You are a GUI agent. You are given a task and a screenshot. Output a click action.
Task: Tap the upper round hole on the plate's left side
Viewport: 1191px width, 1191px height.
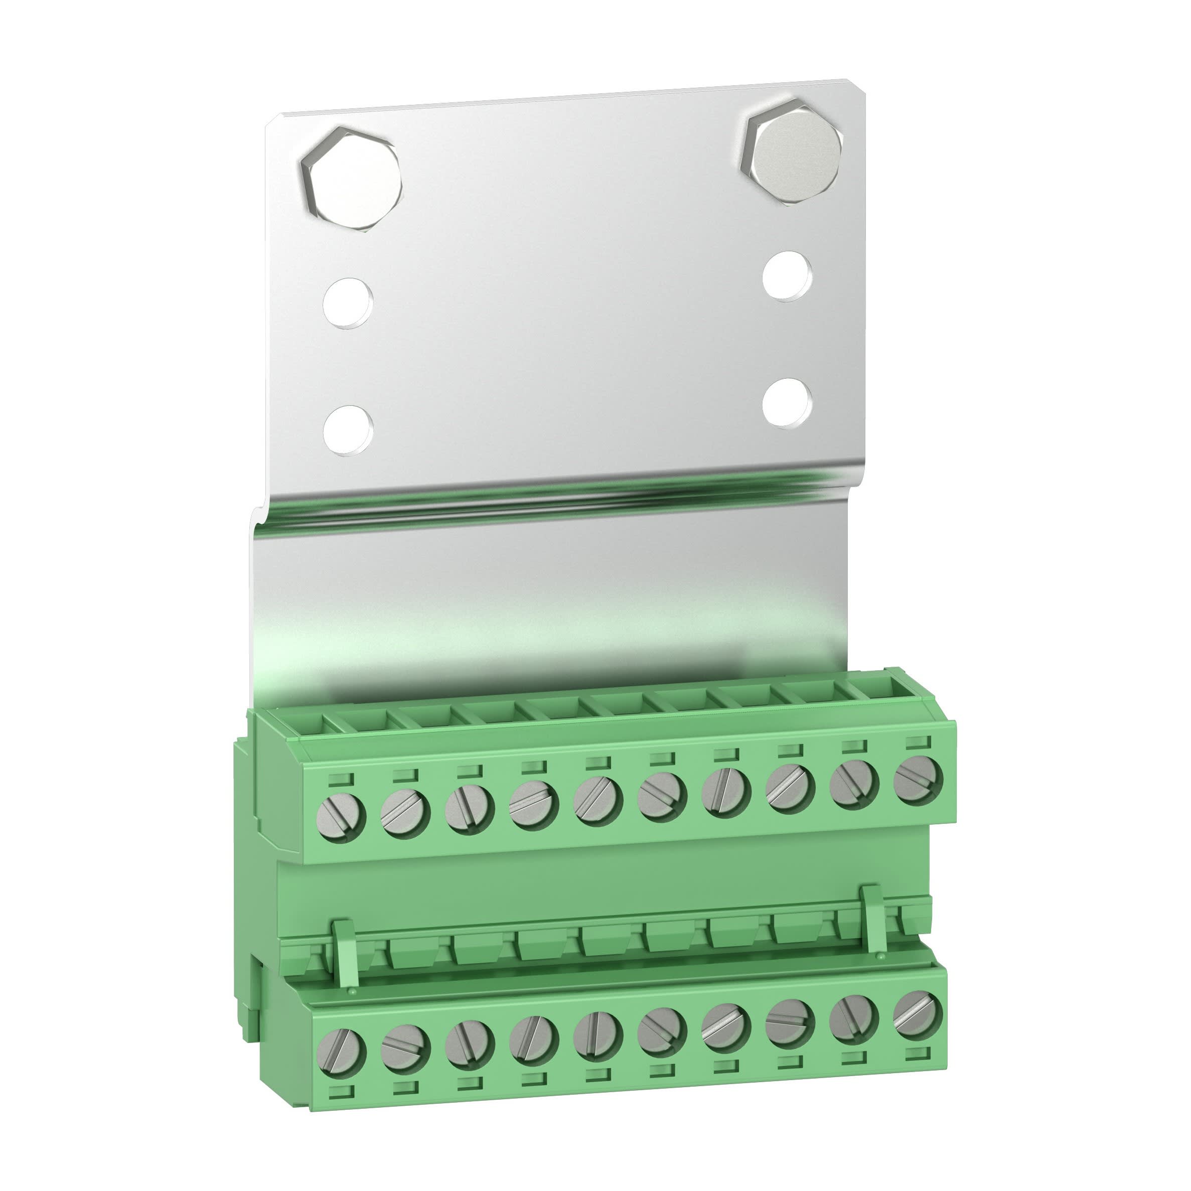348,303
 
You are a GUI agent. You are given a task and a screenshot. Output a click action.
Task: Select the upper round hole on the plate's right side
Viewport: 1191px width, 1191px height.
786,276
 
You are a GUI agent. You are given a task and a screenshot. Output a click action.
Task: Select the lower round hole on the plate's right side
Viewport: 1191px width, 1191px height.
786,401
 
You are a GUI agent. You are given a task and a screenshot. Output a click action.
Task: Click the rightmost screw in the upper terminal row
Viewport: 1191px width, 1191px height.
919,779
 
